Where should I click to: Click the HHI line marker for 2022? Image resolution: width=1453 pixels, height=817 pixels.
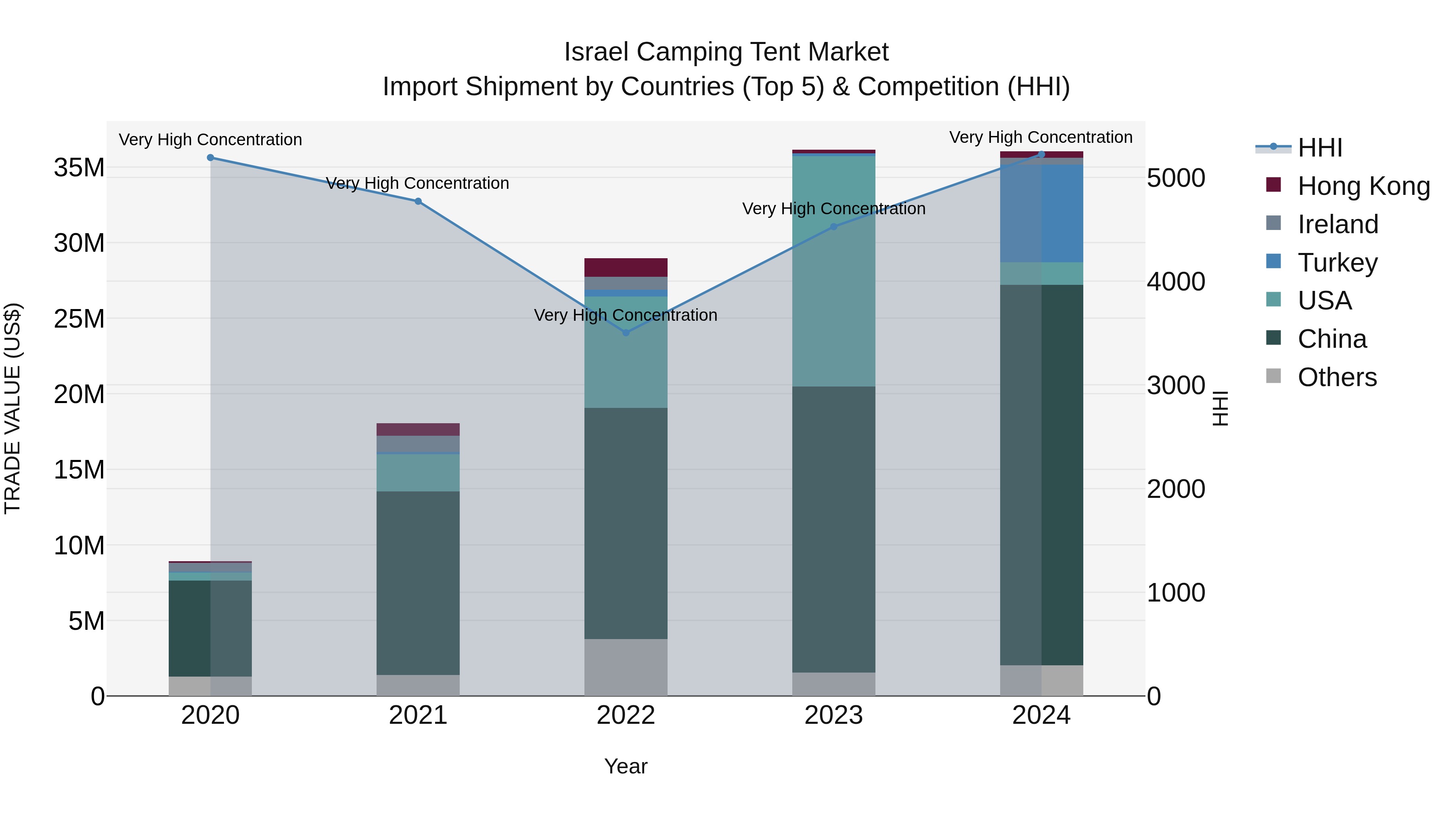point(626,333)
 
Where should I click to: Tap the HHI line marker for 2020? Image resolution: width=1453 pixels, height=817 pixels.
point(210,158)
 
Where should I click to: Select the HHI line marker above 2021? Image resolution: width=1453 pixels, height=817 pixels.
point(418,201)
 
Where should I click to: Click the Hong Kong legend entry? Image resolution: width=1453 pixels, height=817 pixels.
point(1363,186)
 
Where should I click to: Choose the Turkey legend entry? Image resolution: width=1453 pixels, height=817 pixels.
point(1338,263)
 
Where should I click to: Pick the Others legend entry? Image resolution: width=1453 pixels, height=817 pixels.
point(1337,377)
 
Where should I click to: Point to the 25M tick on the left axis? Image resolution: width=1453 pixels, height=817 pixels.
point(79,319)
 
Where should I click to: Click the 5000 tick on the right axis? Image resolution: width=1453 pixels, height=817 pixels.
point(1176,178)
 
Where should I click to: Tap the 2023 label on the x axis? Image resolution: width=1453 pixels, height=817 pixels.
point(833,715)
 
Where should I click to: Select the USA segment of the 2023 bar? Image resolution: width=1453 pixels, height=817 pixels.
point(834,271)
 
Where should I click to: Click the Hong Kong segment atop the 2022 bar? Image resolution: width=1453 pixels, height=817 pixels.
point(626,267)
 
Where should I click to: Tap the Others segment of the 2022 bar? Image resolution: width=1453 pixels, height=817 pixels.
point(626,667)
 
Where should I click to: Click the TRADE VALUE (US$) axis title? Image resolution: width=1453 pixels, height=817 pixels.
point(13,408)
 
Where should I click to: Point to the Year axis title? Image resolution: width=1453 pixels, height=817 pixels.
point(626,766)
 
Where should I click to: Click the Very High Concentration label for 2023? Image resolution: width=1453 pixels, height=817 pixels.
point(834,209)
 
